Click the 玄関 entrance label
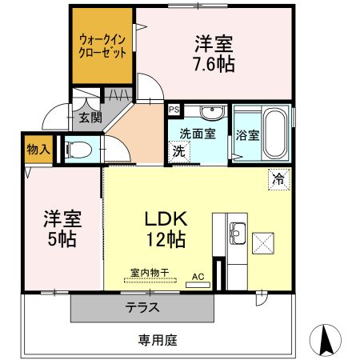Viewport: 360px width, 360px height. point(90,118)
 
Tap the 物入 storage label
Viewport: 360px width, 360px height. point(38,149)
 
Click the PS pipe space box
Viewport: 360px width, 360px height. point(174,110)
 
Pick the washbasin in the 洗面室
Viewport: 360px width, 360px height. point(211,112)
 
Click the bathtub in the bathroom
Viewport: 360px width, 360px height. point(276,133)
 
